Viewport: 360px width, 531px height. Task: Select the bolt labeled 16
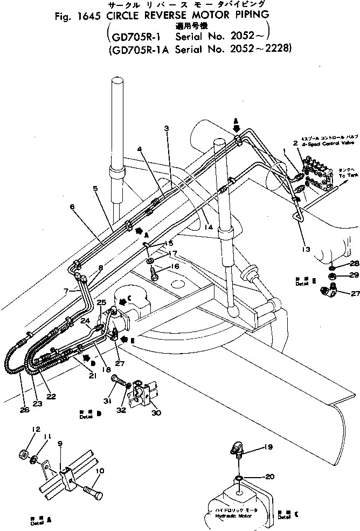click(x=154, y=272)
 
